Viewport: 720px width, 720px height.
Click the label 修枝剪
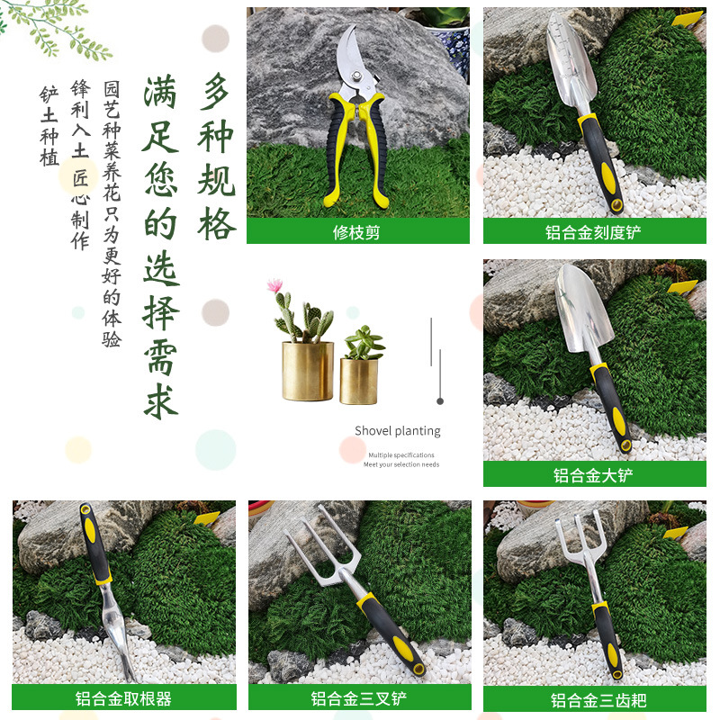coord(356,232)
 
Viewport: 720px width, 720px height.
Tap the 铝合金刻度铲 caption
coord(593,232)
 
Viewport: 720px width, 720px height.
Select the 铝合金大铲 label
coord(593,475)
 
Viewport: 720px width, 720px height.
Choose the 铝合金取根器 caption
coord(123,698)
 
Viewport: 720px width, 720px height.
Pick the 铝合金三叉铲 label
coord(358,698)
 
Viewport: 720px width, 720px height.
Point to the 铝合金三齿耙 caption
coord(598,700)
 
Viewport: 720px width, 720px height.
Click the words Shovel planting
coord(398,431)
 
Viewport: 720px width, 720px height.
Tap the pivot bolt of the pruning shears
coord(356,76)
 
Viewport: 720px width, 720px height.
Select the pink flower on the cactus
coord(275,285)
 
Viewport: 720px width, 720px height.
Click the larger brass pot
coord(308,371)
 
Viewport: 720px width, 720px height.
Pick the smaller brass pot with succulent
coord(359,381)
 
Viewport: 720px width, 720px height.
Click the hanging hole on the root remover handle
coord(85,509)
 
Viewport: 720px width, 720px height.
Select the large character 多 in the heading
coord(216,92)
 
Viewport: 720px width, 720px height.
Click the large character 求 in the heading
coord(161,401)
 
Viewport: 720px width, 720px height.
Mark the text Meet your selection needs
coord(401,464)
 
